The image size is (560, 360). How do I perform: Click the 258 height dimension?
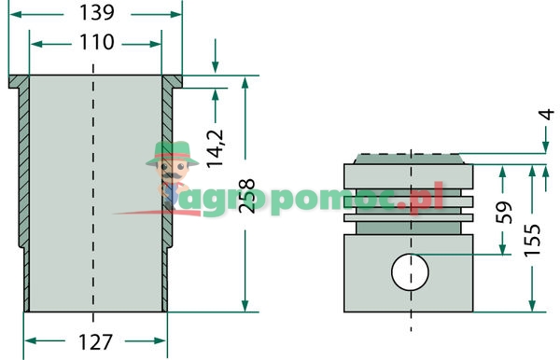247,195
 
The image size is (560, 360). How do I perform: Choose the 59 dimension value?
503,213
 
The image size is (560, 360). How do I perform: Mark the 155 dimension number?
533,239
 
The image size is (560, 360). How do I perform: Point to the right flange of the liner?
172,81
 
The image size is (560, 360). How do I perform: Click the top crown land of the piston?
410,173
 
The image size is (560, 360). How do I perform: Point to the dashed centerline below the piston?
411,322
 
